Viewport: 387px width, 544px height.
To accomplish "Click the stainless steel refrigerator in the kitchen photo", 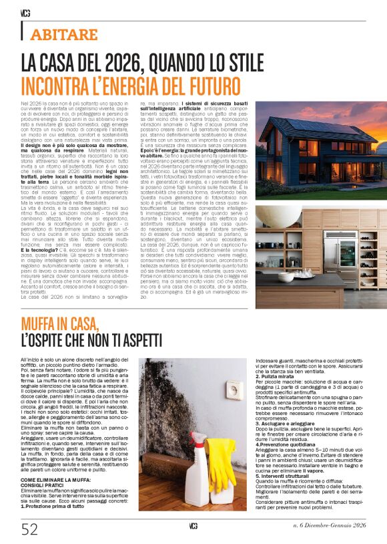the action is (x=341, y=247).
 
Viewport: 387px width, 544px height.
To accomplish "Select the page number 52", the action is (x=30, y=529).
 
